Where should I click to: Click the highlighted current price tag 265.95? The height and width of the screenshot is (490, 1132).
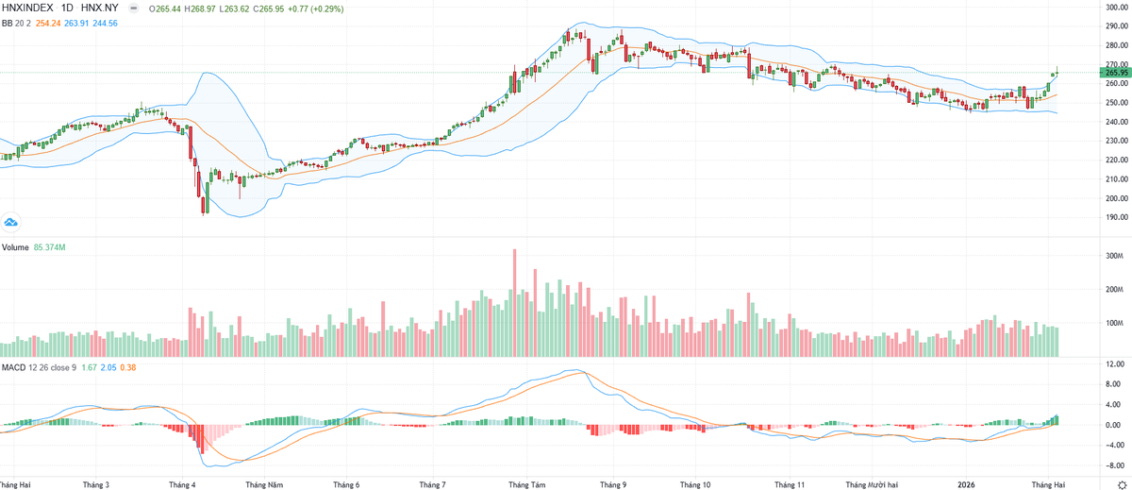tap(1116, 73)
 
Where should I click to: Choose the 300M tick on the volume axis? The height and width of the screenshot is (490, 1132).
tap(1114, 256)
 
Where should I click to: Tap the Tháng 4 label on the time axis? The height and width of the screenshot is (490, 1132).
tap(182, 483)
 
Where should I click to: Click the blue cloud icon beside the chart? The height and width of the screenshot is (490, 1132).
tap(11, 222)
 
